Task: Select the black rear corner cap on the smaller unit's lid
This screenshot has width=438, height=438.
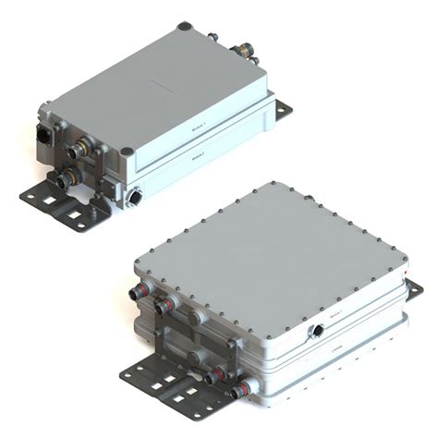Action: pos(185,27)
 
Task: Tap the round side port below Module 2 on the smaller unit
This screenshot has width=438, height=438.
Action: pos(137,197)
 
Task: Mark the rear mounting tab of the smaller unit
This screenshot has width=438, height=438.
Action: pos(284,110)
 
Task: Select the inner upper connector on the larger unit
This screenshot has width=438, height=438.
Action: pos(167,303)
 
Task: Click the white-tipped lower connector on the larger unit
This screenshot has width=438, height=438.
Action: pos(247,385)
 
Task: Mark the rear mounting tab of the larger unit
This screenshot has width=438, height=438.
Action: pos(414,290)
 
